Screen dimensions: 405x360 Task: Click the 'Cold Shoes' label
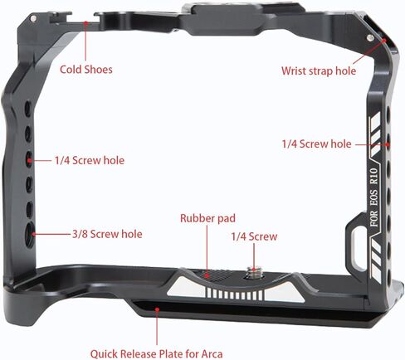pos(86,69)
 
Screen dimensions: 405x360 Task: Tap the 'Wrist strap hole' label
pos(319,71)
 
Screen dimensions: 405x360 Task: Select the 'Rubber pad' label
pos(207,218)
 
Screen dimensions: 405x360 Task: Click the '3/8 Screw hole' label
pos(107,234)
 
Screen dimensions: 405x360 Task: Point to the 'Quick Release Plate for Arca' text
pos(156,354)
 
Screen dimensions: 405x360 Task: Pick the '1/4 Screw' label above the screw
pos(254,236)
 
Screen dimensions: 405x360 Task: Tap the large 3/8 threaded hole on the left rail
pos(30,235)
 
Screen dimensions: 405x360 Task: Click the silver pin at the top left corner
pos(33,18)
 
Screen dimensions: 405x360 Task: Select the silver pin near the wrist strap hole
pos(369,37)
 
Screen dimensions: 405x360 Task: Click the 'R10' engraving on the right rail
pos(373,176)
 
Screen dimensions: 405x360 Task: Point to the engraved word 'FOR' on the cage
pos(374,219)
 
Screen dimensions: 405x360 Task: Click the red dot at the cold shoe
pos(86,22)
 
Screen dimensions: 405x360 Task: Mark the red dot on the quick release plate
pos(157,309)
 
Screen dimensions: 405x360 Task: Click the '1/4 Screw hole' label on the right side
pos(316,144)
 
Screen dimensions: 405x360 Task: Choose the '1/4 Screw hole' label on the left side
pos(90,161)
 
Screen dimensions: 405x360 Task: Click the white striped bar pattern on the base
pos(235,294)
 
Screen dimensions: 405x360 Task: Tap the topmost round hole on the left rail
pos(27,108)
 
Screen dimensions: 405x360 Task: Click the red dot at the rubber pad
pos(207,275)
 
